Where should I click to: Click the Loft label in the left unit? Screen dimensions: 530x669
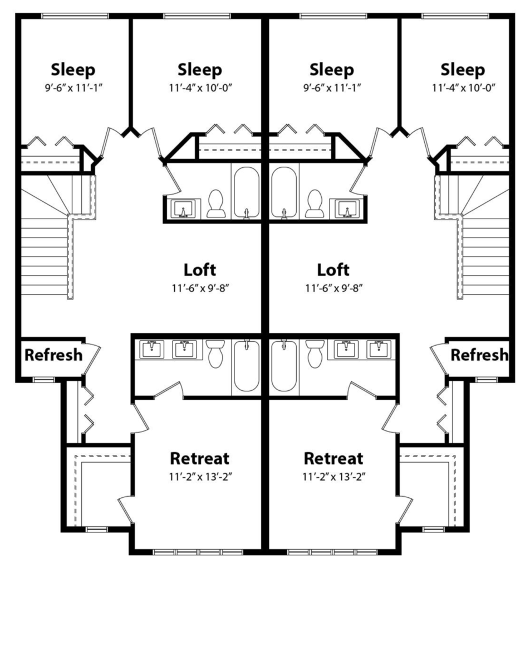click(x=200, y=270)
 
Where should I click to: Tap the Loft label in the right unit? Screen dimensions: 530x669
click(x=333, y=270)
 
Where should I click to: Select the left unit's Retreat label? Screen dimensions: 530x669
click(x=200, y=458)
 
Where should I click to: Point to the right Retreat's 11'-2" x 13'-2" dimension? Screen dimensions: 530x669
click(x=333, y=477)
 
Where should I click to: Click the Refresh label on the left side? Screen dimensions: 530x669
click(x=53, y=355)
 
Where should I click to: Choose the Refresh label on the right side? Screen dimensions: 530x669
click(x=479, y=355)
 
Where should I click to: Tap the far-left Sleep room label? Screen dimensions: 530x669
click(x=73, y=70)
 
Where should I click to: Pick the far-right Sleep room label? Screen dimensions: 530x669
click(x=463, y=70)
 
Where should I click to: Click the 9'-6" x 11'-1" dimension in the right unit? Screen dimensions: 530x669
click(x=332, y=88)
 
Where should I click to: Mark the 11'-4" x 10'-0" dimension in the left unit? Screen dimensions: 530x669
click(x=200, y=88)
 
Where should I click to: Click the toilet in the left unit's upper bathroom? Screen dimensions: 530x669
click(x=215, y=203)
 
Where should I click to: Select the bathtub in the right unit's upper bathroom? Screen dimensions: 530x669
click(x=284, y=192)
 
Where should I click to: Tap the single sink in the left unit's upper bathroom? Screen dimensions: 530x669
click(x=183, y=209)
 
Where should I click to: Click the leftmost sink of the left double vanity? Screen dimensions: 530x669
click(x=151, y=350)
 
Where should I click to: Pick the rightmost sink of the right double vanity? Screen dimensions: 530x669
click(x=379, y=350)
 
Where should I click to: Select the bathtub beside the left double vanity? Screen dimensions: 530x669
click(x=247, y=366)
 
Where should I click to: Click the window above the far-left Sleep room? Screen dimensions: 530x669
click(x=75, y=16)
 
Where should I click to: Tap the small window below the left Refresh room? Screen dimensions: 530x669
click(x=44, y=380)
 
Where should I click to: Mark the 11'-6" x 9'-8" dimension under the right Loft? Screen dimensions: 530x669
click(x=334, y=288)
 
